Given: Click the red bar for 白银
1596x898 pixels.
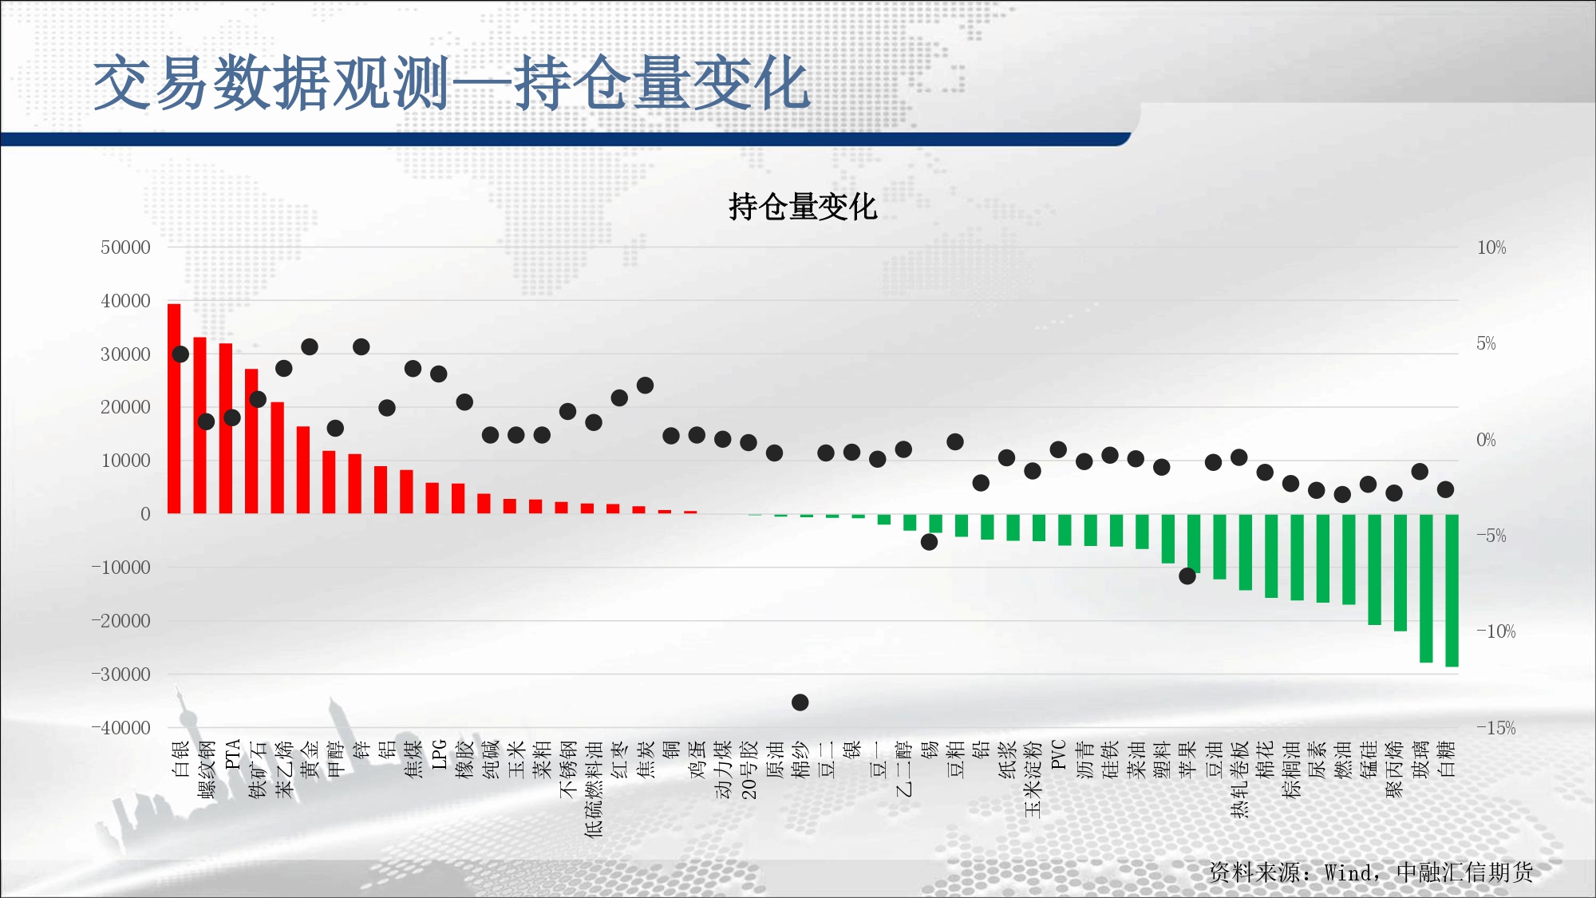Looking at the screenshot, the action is click(x=174, y=409).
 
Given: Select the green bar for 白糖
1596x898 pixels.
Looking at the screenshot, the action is click(x=1452, y=590).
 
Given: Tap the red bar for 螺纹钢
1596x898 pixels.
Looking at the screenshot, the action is click(x=199, y=425).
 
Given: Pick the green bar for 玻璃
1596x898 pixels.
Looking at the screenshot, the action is click(x=1426, y=588).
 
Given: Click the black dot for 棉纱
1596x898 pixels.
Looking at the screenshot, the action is click(x=800, y=702).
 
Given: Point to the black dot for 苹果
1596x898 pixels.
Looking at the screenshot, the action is click(x=1187, y=576).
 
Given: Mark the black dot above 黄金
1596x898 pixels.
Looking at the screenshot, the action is click(x=310, y=346).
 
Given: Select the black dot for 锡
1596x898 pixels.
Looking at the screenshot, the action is click(x=929, y=542).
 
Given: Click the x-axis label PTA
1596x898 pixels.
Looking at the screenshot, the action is click(x=232, y=754).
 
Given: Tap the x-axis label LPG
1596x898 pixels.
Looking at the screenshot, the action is click(x=439, y=754).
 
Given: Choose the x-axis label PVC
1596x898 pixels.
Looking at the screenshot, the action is click(x=1058, y=754).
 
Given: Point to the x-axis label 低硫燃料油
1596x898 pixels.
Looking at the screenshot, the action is click(x=594, y=789).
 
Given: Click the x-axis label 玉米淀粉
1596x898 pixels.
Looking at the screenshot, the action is click(x=1033, y=779).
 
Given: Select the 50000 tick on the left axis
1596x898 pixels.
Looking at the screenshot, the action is click(x=125, y=247).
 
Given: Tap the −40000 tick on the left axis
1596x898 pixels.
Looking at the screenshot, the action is click(x=120, y=728).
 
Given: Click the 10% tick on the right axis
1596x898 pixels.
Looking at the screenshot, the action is click(x=1491, y=247).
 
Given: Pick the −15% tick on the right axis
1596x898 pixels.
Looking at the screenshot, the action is click(x=1495, y=728).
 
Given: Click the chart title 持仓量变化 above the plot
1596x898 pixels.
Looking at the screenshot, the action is click(x=803, y=207).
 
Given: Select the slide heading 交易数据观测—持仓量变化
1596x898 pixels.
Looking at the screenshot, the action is click(x=452, y=83).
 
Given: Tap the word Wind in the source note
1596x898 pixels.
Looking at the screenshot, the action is click(x=1349, y=872).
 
